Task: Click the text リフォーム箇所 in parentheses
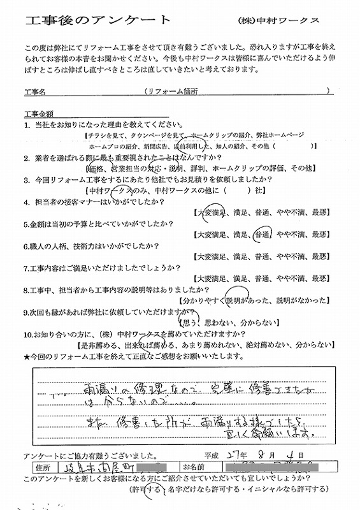[171, 92]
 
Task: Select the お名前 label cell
[193, 468]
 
